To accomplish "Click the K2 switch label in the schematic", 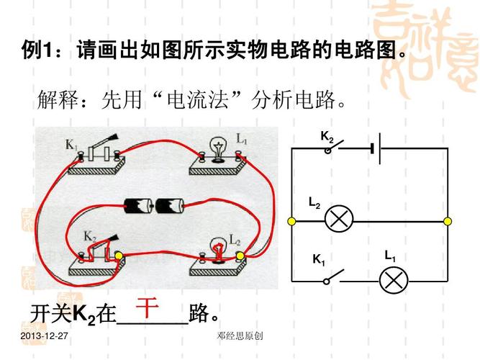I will click(327, 137).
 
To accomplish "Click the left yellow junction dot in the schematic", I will click(291, 220).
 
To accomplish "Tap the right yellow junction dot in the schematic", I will click(447, 220).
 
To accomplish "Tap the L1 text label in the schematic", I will click(389, 256).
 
